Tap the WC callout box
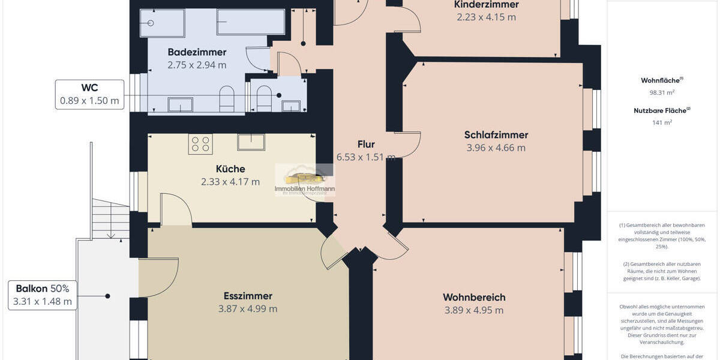tap(89, 94)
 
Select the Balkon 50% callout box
tap(43, 295)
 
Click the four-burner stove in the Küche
tap(200, 144)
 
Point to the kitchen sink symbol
tap(251, 142)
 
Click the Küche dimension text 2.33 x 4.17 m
tap(230, 182)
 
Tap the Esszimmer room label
tap(248, 296)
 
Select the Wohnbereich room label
tap(474, 297)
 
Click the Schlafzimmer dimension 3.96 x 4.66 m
tap(496, 148)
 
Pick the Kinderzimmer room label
tap(486, 5)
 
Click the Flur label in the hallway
tap(366, 144)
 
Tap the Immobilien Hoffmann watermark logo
tap(305, 180)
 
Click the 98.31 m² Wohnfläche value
tap(662, 93)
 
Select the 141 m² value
tap(662, 122)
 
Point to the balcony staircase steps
tap(110, 219)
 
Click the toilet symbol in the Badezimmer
tap(227, 100)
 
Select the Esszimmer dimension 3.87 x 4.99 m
tap(248, 309)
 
